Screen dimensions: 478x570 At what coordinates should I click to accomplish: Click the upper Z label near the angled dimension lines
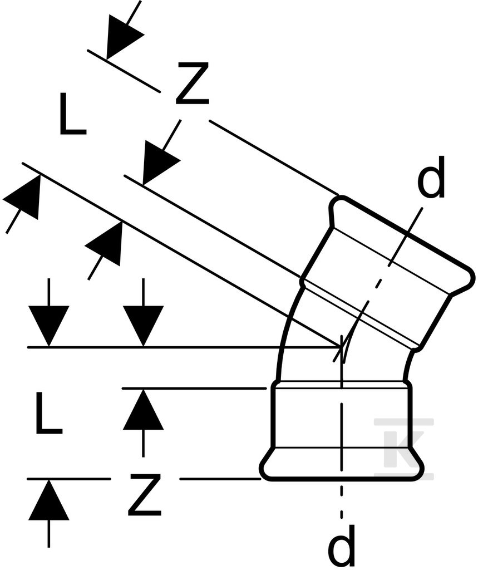[192, 83]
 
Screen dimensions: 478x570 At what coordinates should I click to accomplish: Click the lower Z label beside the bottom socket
[144, 494]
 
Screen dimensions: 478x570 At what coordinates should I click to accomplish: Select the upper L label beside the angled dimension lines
[72, 114]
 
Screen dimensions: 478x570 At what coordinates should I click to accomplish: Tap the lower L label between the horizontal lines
[49, 412]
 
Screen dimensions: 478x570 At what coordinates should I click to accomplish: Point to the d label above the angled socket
[431, 178]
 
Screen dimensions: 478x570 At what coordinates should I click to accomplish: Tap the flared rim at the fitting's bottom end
[342, 466]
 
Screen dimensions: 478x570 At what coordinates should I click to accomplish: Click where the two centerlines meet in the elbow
[341, 348]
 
